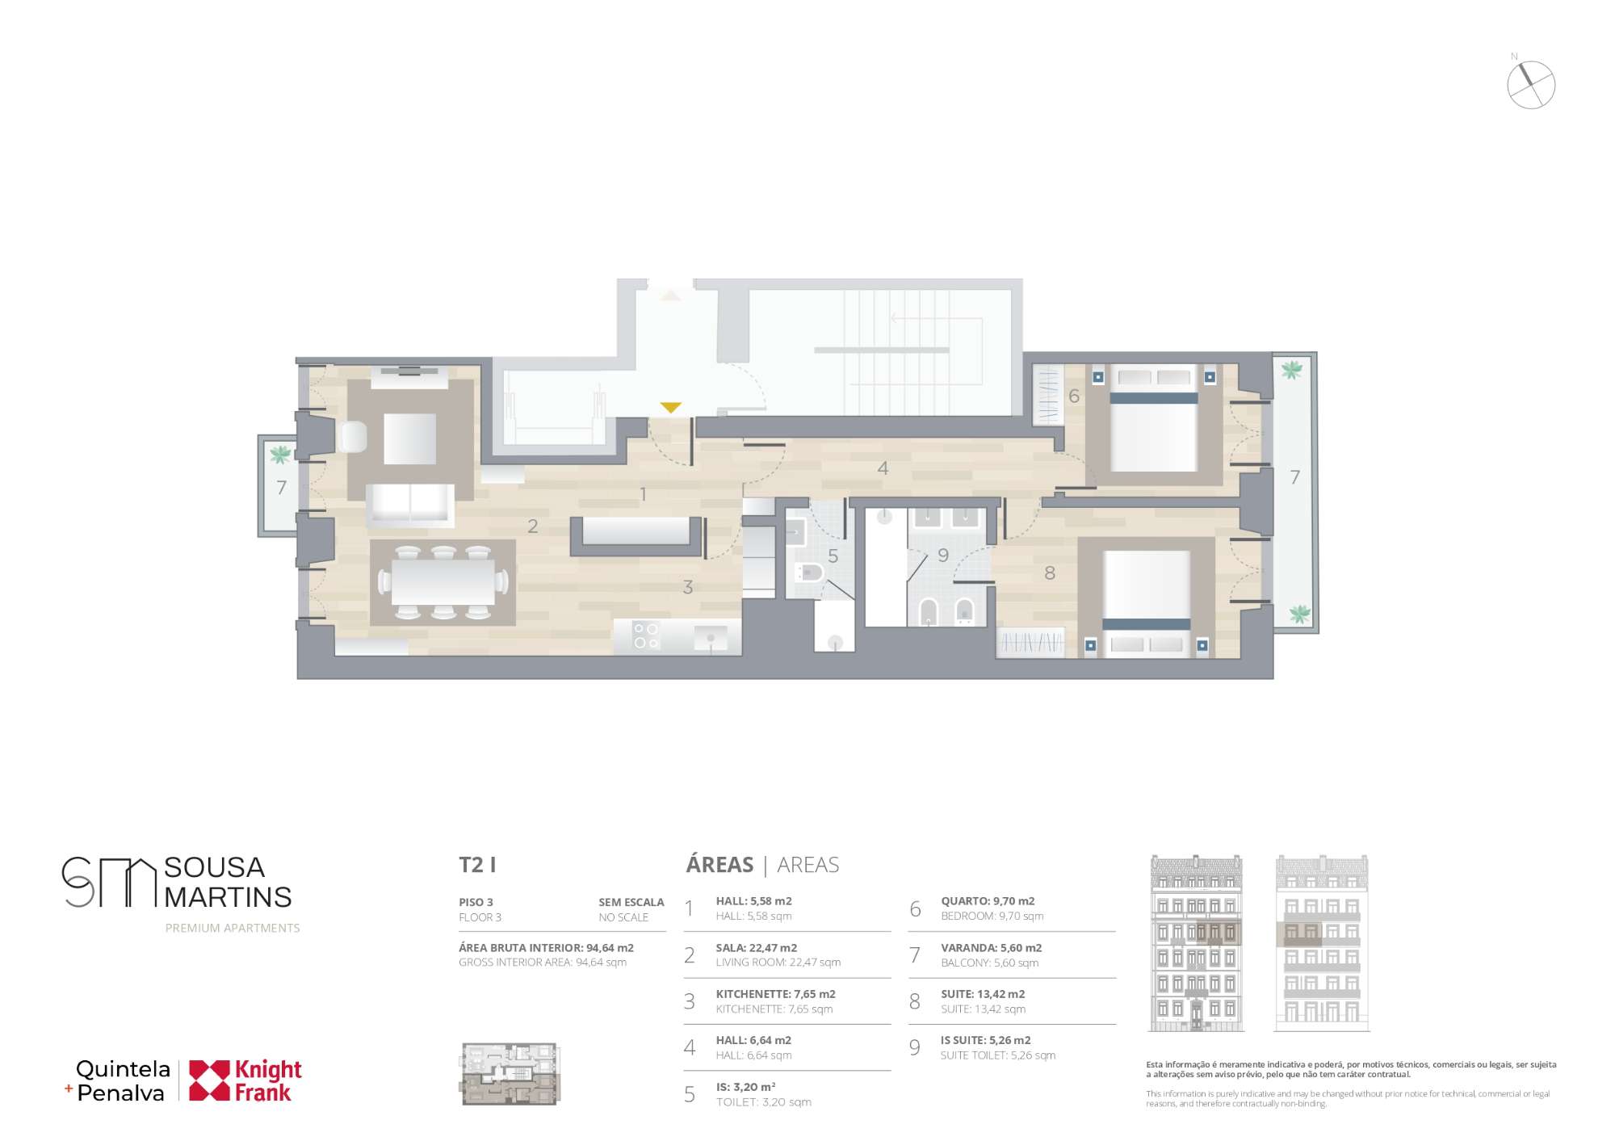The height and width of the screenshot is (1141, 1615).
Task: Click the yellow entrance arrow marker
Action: (x=670, y=408)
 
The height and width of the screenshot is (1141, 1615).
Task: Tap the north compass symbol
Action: (x=1531, y=84)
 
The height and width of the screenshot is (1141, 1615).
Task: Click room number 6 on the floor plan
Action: (x=1074, y=396)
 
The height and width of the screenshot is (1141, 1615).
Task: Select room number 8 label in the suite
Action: (x=1050, y=573)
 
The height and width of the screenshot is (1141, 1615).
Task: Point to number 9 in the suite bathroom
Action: (x=943, y=556)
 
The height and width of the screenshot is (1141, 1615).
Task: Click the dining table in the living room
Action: (x=443, y=581)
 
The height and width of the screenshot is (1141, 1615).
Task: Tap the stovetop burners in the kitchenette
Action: (x=646, y=635)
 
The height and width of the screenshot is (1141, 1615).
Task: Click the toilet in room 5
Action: (x=808, y=573)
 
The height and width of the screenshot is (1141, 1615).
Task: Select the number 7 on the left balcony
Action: (x=281, y=488)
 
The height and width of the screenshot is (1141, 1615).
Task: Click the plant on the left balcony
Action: (x=280, y=455)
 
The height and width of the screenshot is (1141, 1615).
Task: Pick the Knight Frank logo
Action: (x=245, y=1080)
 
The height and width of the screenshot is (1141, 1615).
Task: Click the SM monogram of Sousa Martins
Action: (x=108, y=882)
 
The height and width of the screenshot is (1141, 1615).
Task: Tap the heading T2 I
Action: (x=477, y=865)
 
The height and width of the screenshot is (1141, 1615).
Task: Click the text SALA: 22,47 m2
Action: (x=756, y=948)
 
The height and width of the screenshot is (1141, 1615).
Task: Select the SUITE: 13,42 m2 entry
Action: (x=983, y=994)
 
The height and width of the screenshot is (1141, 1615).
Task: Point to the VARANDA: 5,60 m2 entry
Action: (x=991, y=948)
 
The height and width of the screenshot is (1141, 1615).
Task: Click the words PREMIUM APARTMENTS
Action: (x=233, y=929)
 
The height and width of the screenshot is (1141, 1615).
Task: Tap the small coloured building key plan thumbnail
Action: (x=510, y=1074)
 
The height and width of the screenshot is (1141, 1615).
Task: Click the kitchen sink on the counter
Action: (x=711, y=638)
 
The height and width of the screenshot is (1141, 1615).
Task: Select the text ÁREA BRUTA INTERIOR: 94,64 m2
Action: (x=546, y=948)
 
